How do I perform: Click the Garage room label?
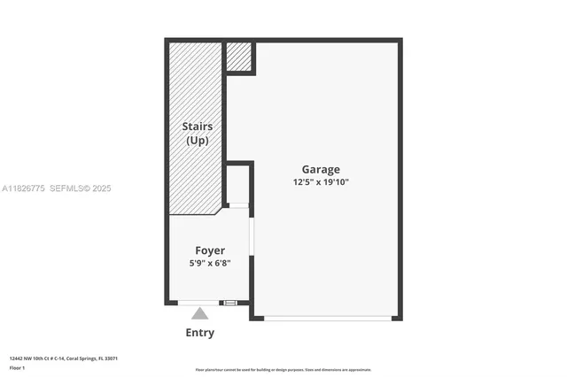pyautogui.click(x=320, y=169)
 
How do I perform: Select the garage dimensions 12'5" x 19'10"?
pyautogui.click(x=320, y=182)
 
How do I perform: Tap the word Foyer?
pyautogui.click(x=210, y=250)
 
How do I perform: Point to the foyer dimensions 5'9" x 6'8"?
pyautogui.click(x=210, y=263)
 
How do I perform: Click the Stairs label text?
pyautogui.click(x=197, y=127)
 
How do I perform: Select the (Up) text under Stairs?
pyautogui.click(x=197, y=141)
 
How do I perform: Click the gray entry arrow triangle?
pyautogui.click(x=200, y=313)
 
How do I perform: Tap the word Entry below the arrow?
pyautogui.click(x=200, y=333)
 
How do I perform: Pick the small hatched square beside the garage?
pyautogui.click(x=239, y=57)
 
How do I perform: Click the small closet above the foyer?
pyautogui.click(x=237, y=184)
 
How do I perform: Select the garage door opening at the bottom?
pyautogui.click(x=327, y=318)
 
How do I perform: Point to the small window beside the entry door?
pyautogui.click(x=230, y=303)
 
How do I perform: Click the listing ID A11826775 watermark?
pyautogui.click(x=23, y=188)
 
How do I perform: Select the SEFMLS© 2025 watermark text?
pyautogui.click(x=81, y=188)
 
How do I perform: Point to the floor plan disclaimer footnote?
pyautogui.click(x=283, y=369)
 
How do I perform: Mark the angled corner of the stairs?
pyautogui.click(x=219, y=212)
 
